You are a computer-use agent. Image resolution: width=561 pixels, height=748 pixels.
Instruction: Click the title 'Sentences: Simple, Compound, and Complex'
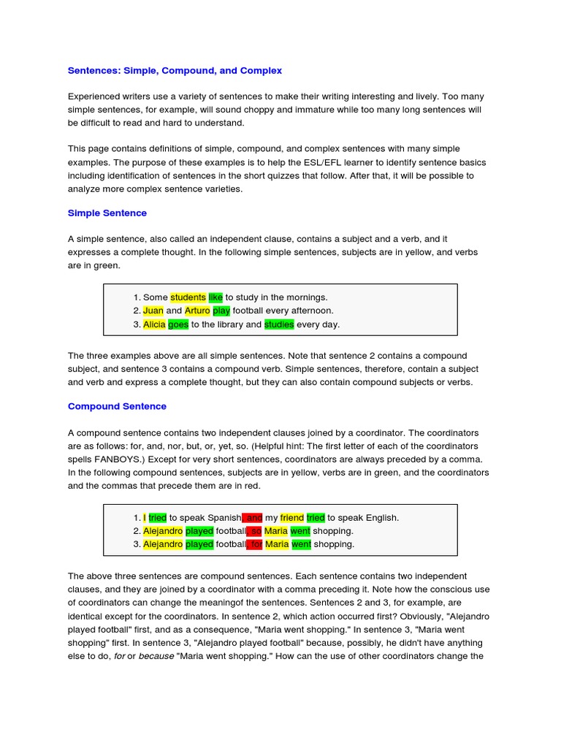pyautogui.click(x=175, y=71)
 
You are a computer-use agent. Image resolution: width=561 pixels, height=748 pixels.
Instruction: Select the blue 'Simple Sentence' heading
pyautogui.click(x=107, y=213)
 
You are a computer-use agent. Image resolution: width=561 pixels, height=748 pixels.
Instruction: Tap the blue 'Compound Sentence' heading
pyautogui.click(x=117, y=406)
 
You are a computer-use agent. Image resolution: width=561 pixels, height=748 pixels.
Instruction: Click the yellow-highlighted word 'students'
pyautogui.click(x=188, y=297)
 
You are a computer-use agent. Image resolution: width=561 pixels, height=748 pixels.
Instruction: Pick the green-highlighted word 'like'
pyautogui.click(x=215, y=297)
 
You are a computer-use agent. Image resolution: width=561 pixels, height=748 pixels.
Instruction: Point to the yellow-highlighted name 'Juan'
pyautogui.click(x=153, y=310)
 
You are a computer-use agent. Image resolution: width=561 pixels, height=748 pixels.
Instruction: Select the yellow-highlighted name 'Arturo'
pyautogui.click(x=197, y=310)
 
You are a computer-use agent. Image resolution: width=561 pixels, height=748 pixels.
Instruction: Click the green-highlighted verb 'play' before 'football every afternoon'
pyautogui.click(x=221, y=310)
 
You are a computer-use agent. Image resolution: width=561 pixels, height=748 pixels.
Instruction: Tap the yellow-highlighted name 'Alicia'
pyautogui.click(x=154, y=324)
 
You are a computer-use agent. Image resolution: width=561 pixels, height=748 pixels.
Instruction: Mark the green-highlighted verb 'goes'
pyautogui.click(x=178, y=324)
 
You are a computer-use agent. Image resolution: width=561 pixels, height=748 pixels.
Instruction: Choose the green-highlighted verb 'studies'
pyautogui.click(x=279, y=324)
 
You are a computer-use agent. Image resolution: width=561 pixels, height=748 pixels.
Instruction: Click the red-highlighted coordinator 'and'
pyautogui.click(x=253, y=517)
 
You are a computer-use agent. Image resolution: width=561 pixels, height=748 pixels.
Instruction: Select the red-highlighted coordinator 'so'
pyautogui.click(x=254, y=530)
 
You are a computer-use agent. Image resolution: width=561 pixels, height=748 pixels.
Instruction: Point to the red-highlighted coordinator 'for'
pyautogui.click(x=255, y=544)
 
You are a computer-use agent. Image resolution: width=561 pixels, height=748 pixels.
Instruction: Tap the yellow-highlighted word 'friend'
pyautogui.click(x=292, y=517)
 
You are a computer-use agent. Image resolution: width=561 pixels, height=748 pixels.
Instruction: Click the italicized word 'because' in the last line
pyautogui.click(x=157, y=656)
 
